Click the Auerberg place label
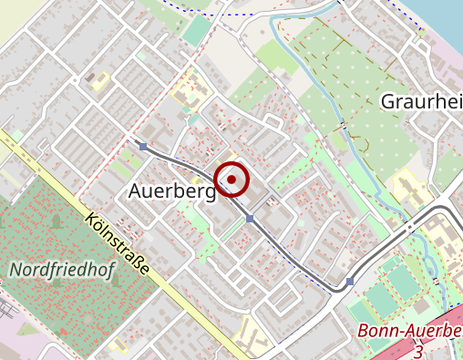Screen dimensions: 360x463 (171, 191)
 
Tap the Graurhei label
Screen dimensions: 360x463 (421, 100)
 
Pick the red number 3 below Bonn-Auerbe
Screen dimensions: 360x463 (418, 350)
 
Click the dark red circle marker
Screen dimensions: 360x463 (232, 180)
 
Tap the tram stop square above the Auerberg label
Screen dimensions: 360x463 (143, 146)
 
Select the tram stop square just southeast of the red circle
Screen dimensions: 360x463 (250, 219)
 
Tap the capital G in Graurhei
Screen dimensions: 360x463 (388, 100)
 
